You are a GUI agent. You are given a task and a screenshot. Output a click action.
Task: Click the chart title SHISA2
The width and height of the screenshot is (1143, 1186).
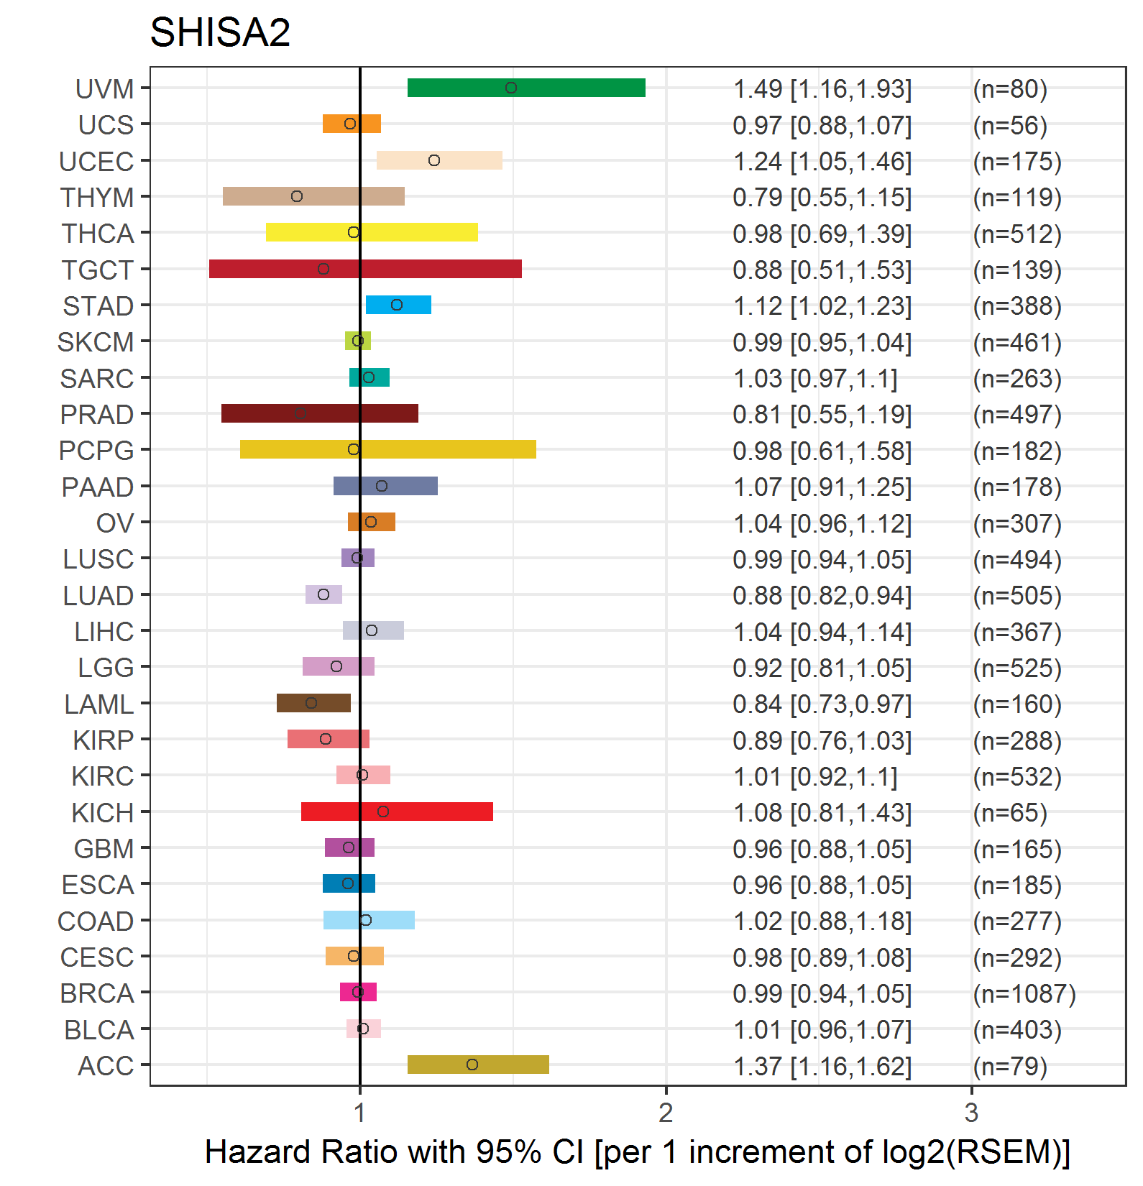(x=220, y=32)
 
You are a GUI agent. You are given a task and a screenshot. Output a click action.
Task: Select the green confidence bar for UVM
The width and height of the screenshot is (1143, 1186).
(x=526, y=88)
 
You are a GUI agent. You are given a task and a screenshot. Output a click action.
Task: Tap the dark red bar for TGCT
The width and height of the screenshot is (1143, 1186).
(x=365, y=269)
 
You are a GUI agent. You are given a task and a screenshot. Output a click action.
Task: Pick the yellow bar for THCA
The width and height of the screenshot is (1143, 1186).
(x=372, y=232)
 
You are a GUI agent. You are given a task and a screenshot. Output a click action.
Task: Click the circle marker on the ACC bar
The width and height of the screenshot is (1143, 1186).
(x=472, y=1065)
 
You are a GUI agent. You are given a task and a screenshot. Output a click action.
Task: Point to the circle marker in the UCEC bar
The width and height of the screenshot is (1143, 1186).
(x=434, y=160)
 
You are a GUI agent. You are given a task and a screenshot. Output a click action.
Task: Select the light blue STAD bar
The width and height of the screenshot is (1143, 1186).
(x=398, y=305)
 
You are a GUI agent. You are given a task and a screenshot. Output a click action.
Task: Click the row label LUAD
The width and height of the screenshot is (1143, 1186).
(x=98, y=596)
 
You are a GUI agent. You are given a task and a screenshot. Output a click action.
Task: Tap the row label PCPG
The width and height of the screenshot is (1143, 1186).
(x=96, y=451)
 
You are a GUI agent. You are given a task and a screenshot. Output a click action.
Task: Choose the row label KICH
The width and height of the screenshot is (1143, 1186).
(x=103, y=813)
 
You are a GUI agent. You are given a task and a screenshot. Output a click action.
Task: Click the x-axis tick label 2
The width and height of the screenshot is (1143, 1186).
(x=666, y=1113)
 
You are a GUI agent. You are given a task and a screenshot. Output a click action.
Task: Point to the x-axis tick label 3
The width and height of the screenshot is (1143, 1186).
(x=971, y=1113)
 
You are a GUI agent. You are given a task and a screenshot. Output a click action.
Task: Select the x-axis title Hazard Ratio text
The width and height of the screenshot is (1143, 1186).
(x=637, y=1152)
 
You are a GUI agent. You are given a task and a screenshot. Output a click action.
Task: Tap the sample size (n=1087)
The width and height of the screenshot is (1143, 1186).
(x=1024, y=993)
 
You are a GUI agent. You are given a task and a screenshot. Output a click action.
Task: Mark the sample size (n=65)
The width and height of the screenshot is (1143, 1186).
(x=1009, y=813)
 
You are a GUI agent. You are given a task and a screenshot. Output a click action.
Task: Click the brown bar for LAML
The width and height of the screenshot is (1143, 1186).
(x=313, y=703)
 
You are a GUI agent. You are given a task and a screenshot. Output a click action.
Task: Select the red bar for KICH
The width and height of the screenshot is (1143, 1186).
(x=397, y=812)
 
